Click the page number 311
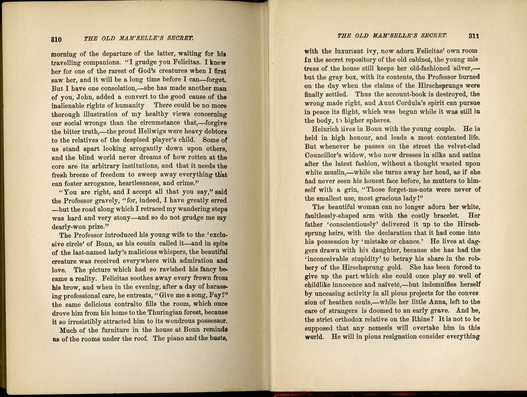(x=472, y=36)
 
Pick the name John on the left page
(x=77, y=97)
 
